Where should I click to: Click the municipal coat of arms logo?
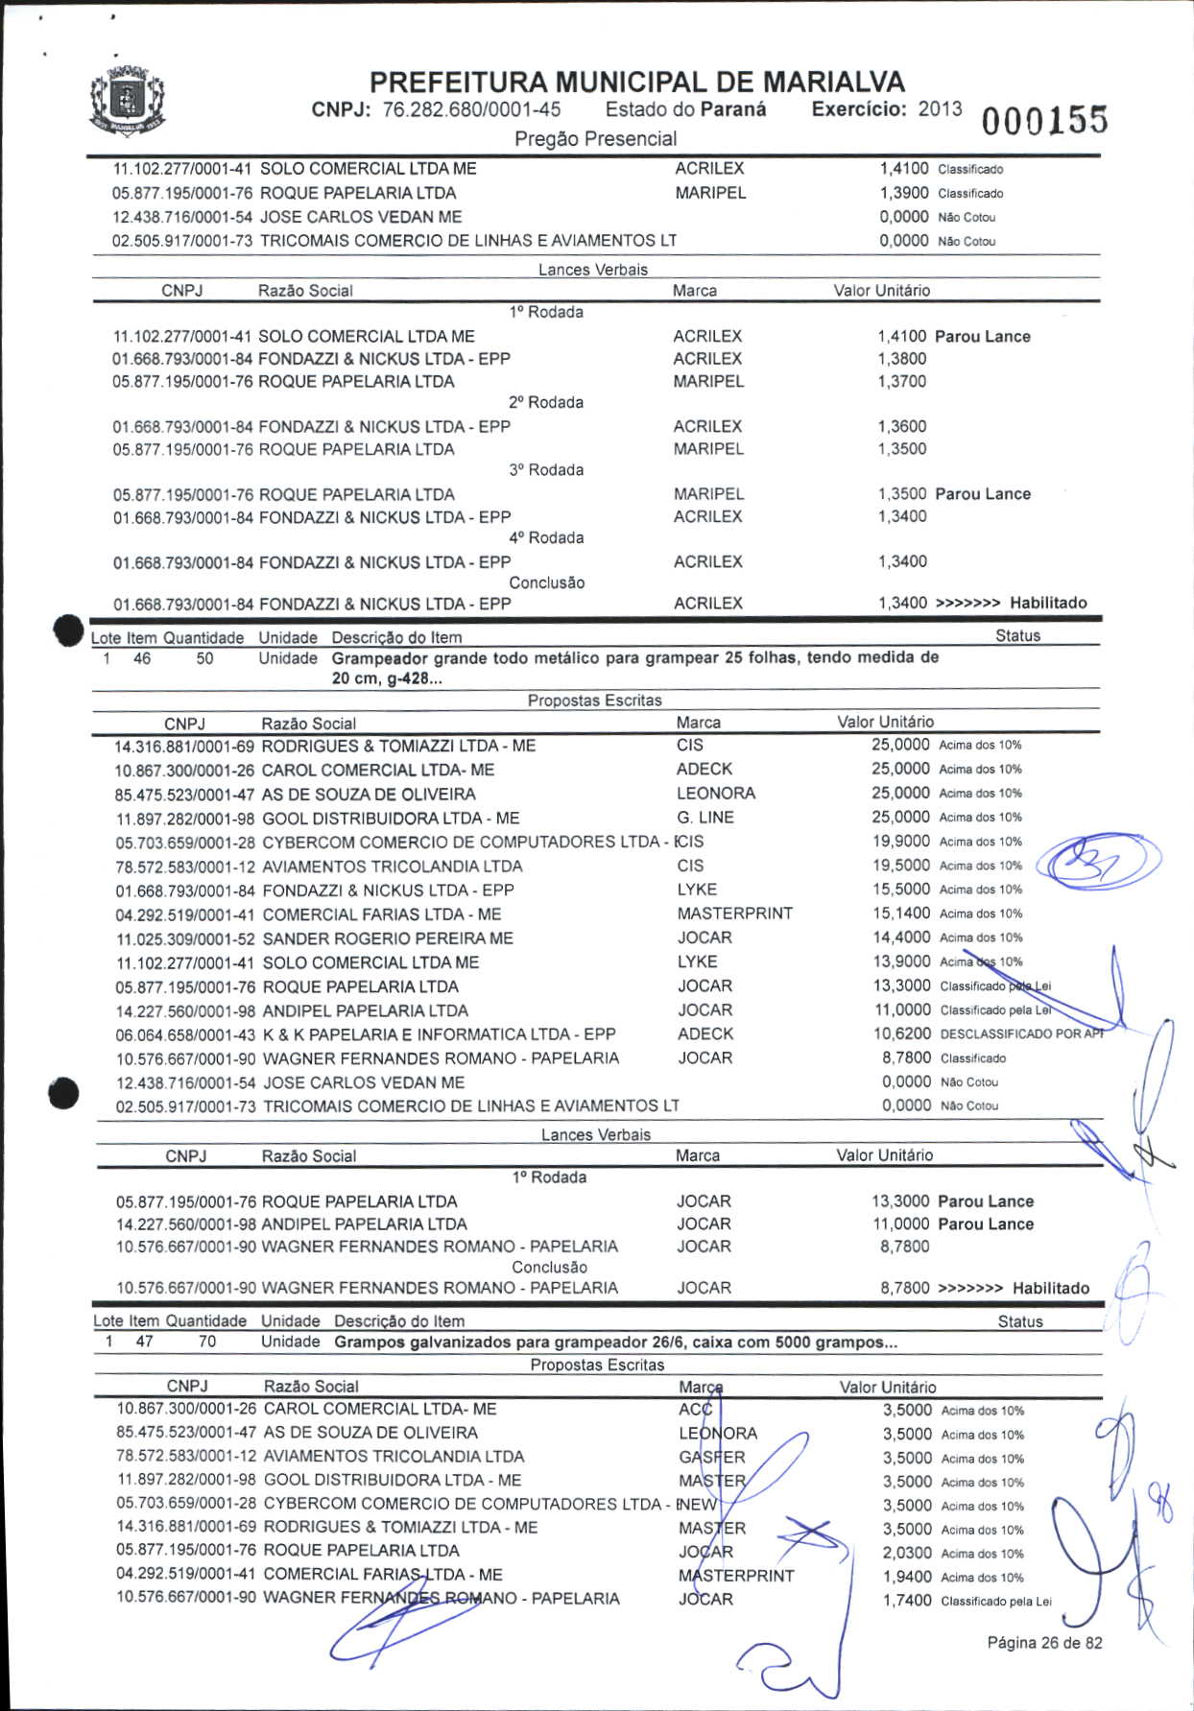pyautogui.click(x=128, y=101)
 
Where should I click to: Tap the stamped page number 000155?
pyautogui.click(x=1043, y=121)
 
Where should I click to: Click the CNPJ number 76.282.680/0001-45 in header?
pyautogui.click(x=471, y=109)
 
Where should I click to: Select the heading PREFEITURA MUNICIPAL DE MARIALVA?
pyautogui.click(x=636, y=82)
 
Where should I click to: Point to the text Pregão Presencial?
pyautogui.click(x=595, y=139)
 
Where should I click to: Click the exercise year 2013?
pyautogui.click(x=940, y=108)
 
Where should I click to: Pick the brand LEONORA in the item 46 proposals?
pyautogui.click(x=716, y=794)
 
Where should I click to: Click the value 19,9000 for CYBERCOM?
pyautogui.click(x=901, y=842)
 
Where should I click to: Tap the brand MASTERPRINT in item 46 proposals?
pyautogui.click(x=735, y=914)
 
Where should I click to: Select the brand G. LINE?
pyautogui.click(x=705, y=818)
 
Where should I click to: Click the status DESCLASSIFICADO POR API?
pyautogui.click(x=1021, y=1034)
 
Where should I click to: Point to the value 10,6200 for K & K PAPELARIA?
pyautogui.click(x=901, y=1034)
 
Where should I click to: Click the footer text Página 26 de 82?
pyautogui.click(x=1044, y=1643)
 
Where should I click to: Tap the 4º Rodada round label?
pyautogui.click(x=546, y=538)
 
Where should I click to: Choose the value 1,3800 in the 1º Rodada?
pyautogui.click(x=902, y=359)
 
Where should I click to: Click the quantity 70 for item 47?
pyautogui.click(x=207, y=1342)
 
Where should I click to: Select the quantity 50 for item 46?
pyautogui.click(x=204, y=659)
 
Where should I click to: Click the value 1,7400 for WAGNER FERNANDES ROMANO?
pyautogui.click(x=907, y=1601)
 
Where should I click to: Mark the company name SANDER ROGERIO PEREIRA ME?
pyautogui.click(x=388, y=939)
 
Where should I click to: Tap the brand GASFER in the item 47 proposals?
pyautogui.click(x=712, y=1457)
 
